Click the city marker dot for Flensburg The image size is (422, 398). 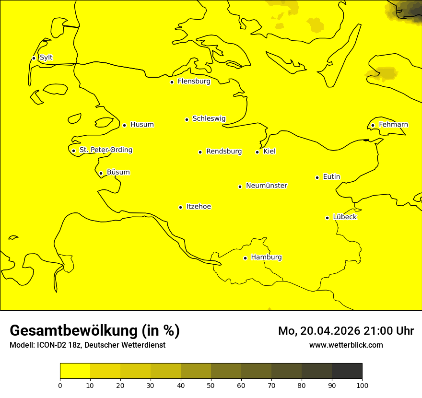click(172, 82)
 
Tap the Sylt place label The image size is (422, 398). click(46, 58)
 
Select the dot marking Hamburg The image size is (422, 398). click(245, 258)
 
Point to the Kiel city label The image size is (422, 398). click(270, 152)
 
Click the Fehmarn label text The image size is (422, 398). click(393, 125)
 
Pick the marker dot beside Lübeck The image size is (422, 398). click(327, 218)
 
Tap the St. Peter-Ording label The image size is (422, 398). click(106, 150)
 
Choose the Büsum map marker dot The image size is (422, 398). click(101, 173)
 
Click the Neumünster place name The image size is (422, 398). click(267, 186)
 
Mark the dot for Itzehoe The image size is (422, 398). click(180, 207)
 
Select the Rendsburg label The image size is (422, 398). click(224, 152)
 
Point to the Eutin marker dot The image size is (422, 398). click(317, 177)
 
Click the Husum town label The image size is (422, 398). click(142, 125)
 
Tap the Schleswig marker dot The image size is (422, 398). click(187, 119)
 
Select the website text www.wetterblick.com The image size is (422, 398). click(346, 345)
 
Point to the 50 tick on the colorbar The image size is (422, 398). click(211, 385)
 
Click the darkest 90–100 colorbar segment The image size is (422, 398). click(347, 371)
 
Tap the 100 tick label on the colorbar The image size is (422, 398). click(362, 385)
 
